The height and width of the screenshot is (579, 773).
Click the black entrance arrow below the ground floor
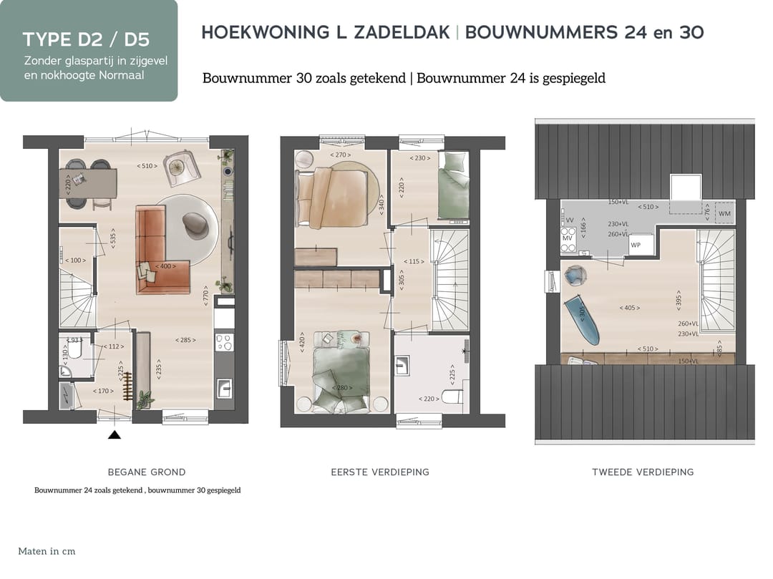tap(115, 434)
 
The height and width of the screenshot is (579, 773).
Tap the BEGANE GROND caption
tap(147, 472)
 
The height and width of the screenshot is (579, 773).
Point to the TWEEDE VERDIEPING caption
tap(643, 472)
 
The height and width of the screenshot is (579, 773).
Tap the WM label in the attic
tap(724, 213)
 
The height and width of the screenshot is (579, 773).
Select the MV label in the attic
tap(568, 238)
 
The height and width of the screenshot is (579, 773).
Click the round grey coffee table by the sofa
tap(195, 224)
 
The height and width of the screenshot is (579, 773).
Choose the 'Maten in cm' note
tap(47, 552)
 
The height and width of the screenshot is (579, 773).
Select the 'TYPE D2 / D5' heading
tap(86, 39)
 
